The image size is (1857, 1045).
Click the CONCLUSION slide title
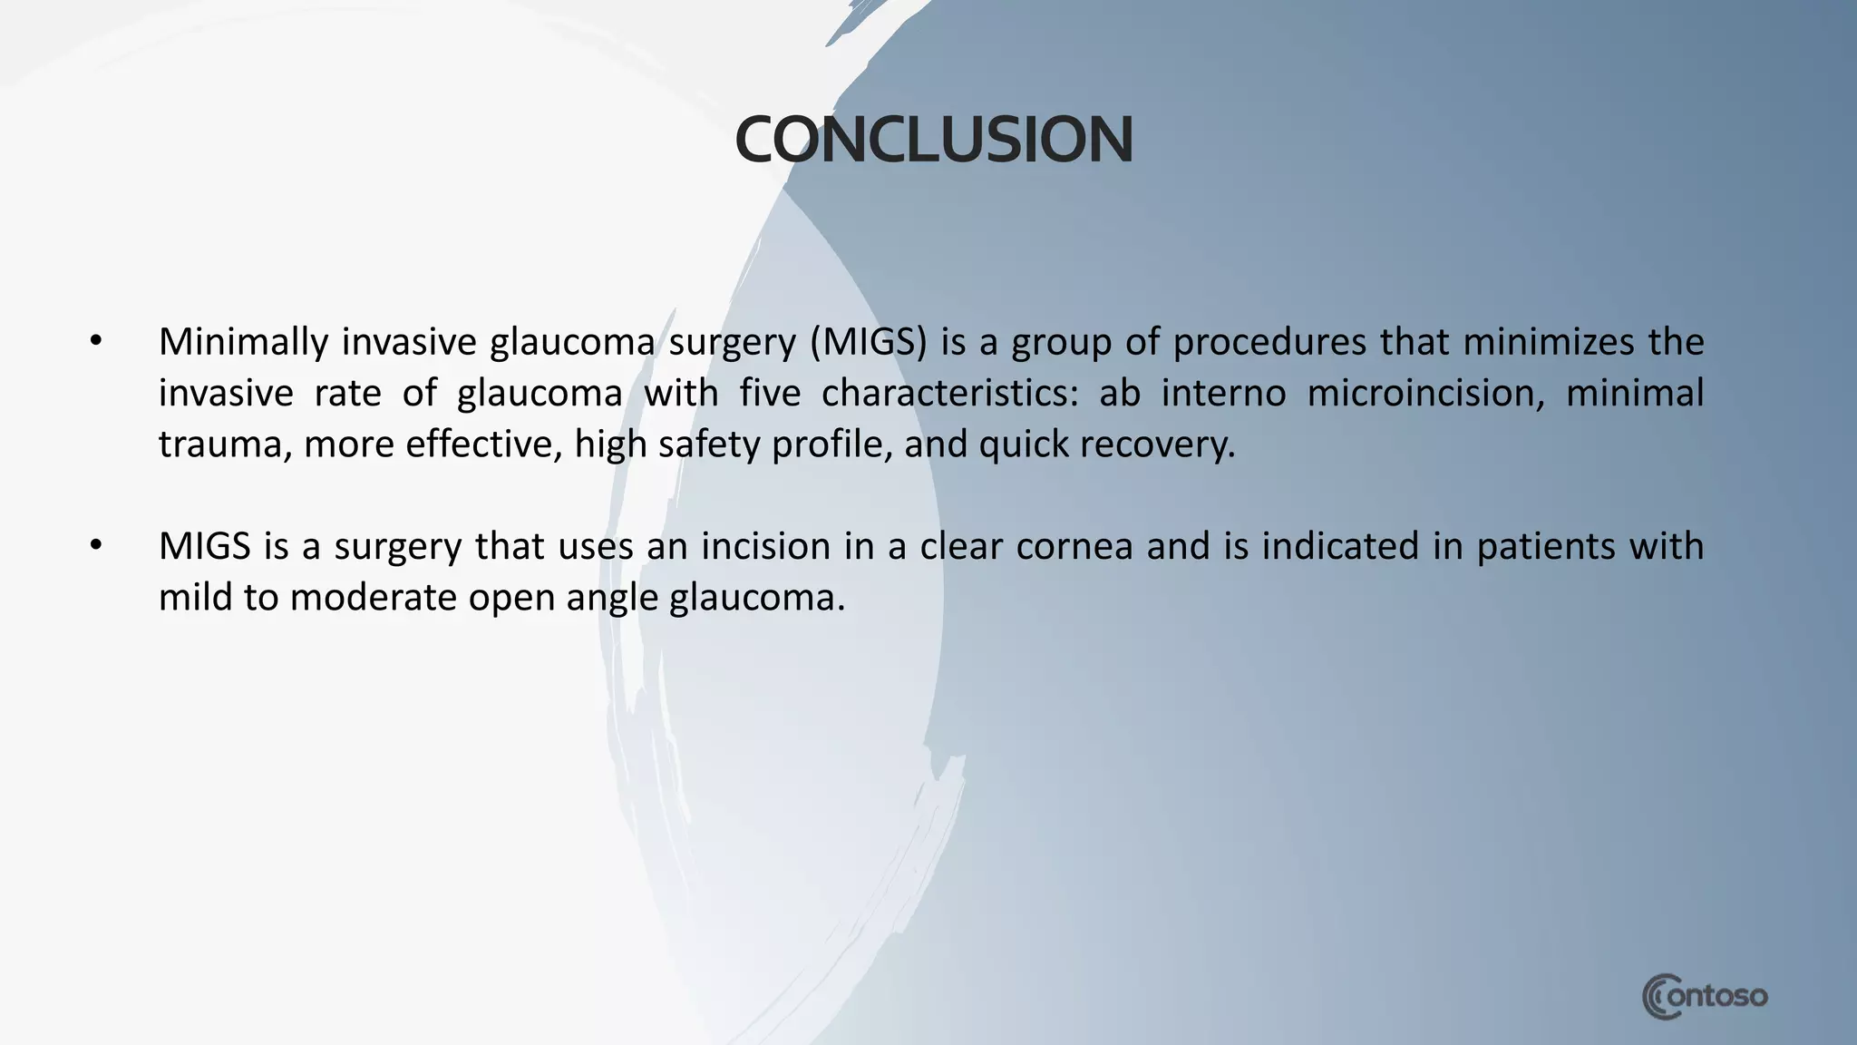(x=933, y=141)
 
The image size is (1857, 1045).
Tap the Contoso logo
(x=1705, y=997)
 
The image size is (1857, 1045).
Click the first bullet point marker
(x=96, y=342)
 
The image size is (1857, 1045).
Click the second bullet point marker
(x=96, y=546)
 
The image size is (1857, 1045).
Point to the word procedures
(x=1269, y=342)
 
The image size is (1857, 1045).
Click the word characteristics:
(x=949, y=394)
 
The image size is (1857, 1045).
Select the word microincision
(x=1425, y=394)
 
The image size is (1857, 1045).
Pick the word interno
(x=1223, y=394)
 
